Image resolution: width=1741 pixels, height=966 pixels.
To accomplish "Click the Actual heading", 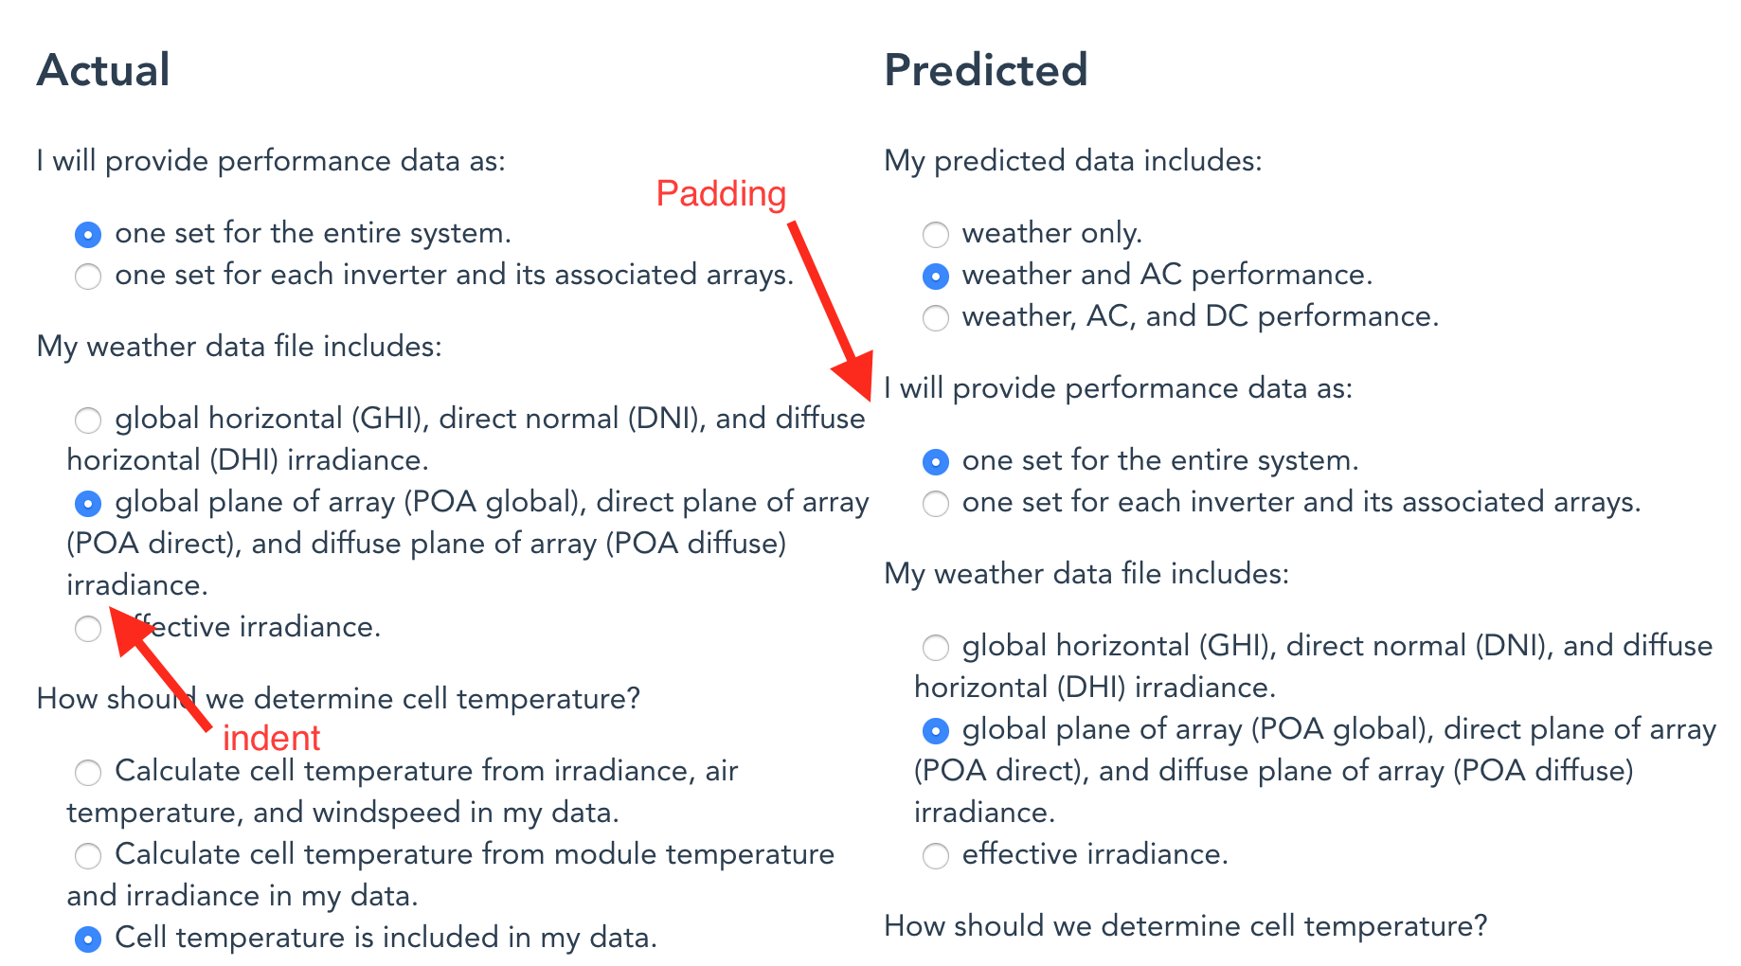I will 103,70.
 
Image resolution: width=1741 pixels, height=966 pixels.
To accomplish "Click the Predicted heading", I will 985,70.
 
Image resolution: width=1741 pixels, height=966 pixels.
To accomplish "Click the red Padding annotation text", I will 721,193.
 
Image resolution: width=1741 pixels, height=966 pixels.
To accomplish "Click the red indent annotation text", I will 271,738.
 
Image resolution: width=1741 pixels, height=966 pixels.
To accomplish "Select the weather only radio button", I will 936,234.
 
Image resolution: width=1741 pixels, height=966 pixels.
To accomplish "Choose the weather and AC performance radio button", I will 936,276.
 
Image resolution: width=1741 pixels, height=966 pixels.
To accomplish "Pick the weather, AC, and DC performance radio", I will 936,317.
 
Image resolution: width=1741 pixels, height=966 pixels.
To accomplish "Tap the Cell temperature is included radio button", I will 88,939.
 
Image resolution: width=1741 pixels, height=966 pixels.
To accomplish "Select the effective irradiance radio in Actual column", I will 88,628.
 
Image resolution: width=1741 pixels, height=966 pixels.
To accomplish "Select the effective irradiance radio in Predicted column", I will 936,855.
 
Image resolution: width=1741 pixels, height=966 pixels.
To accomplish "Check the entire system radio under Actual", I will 88,234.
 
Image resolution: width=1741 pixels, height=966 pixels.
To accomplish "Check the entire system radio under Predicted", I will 936,461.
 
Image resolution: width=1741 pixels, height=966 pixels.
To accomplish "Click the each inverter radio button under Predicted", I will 936,503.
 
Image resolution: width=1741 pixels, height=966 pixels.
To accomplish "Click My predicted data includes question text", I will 1072,161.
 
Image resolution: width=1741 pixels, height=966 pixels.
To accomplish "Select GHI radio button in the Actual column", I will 88,420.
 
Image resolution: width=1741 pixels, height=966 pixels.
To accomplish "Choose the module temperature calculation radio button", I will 88,855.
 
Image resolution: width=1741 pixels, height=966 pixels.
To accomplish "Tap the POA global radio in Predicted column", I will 936,730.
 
